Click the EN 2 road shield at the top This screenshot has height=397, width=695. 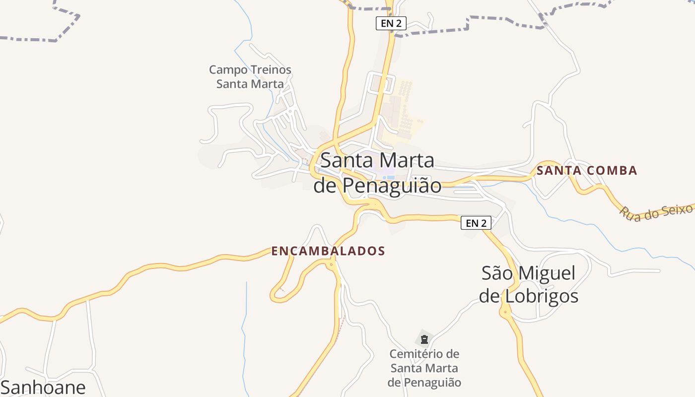coord(391,23)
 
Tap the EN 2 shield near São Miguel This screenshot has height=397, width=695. coord(476,223)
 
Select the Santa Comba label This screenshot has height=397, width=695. coord(587,171)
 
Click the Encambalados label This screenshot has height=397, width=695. coord(328,251)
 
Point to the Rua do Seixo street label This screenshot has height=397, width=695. coord(655,211)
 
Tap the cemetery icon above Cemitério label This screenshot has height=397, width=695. coord(424,339)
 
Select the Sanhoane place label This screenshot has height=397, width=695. coord(43,387)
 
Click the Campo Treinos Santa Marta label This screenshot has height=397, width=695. coord(250,76)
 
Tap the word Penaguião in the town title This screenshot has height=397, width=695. coord(392,186)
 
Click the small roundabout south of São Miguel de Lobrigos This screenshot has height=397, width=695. coord(505,312)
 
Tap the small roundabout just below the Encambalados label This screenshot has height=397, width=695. coord(331,265)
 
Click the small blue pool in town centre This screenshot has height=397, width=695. coord(390,177)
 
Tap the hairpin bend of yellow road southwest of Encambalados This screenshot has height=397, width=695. coord(277,297)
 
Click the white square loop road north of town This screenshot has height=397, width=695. coord(380,83)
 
